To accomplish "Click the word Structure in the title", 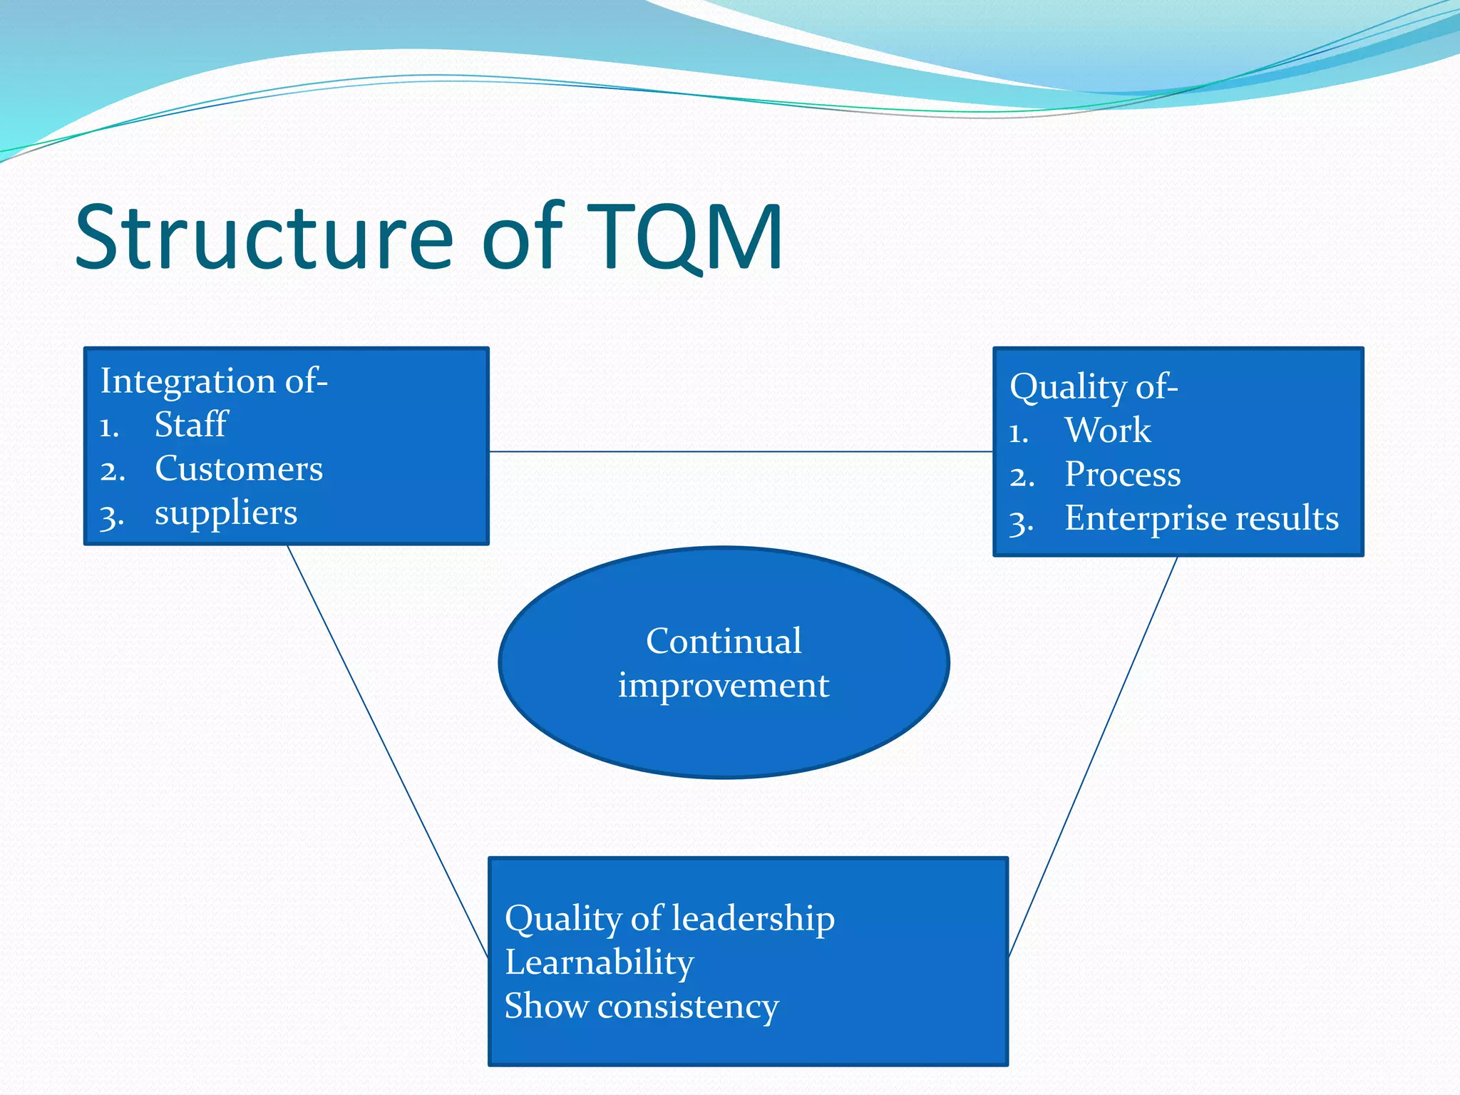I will click(x=264, y=237).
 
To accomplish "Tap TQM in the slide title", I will click(x=685, y=237).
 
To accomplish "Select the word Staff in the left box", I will click(x=190, y=425).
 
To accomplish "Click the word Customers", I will click(x=239, y=469).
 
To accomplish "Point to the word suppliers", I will click(x=226, y=513).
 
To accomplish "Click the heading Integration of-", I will click(x=214, y=381).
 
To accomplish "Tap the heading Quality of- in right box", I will click(x=1094, y=387).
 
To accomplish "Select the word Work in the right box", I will click(x=1107, y=431).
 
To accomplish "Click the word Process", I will click(x=1122, y=475).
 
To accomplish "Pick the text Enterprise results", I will click(x=1201, y=518).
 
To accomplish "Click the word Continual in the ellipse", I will click(x=724, y=641).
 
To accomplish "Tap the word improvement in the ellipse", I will click(x=724, y=686).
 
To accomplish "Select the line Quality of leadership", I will click(x=669, y=918).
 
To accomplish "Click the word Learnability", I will click(x=599, y=962).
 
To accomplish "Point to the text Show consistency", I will click(x=641, y=1007).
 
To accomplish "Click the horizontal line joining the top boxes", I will click(x=741, y=451).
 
